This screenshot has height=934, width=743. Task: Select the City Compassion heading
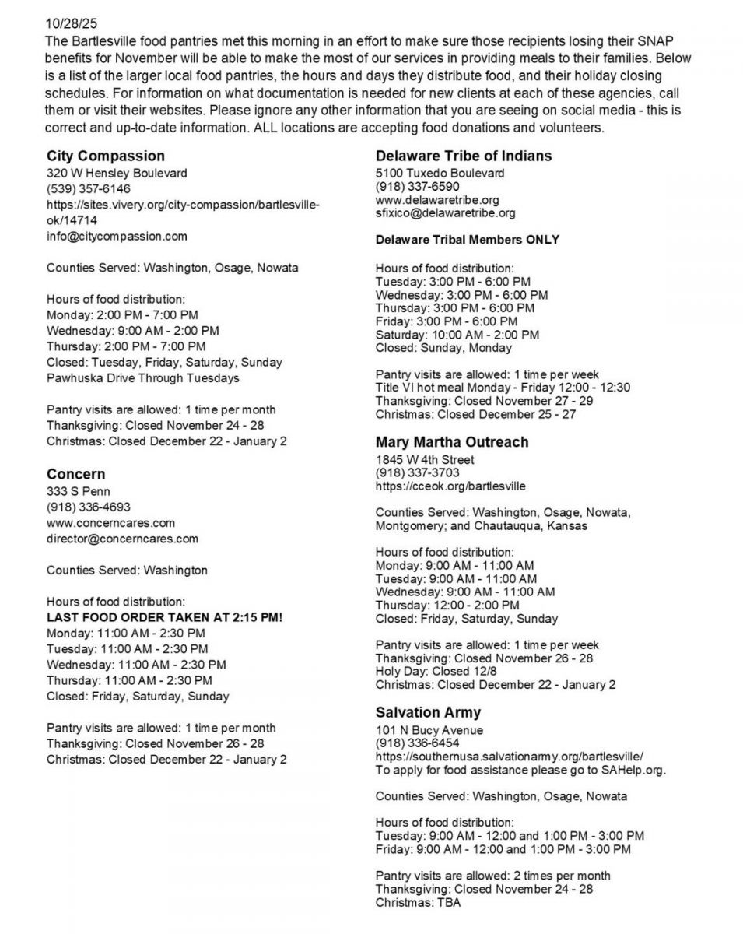pos(105,156)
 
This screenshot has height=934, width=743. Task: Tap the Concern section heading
pos(75,474)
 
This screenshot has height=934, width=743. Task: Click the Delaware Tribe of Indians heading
pos(463,156)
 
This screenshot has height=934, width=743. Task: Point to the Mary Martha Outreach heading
pos(451,442)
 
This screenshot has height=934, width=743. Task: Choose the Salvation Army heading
pos(428,712)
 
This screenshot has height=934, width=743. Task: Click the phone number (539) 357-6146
pos(88,189)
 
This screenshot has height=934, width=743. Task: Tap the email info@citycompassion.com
pos(117,236)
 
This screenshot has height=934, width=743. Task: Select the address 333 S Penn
pos(78,491)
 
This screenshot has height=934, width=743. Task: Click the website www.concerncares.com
pos(110,522)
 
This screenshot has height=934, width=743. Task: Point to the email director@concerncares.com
pos(122,538)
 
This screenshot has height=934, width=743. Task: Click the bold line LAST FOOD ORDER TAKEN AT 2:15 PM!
pos(164,617)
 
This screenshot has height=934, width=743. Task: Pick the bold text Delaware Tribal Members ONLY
pos(467,240)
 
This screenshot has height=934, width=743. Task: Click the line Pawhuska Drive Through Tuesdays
pos(142,378)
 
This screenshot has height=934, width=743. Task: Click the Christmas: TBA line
pos(418,903)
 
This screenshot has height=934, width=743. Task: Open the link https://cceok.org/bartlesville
pos(450,486)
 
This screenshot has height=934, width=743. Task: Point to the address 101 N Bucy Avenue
pos(429,730)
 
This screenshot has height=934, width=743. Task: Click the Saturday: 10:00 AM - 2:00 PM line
pos(457,335)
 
